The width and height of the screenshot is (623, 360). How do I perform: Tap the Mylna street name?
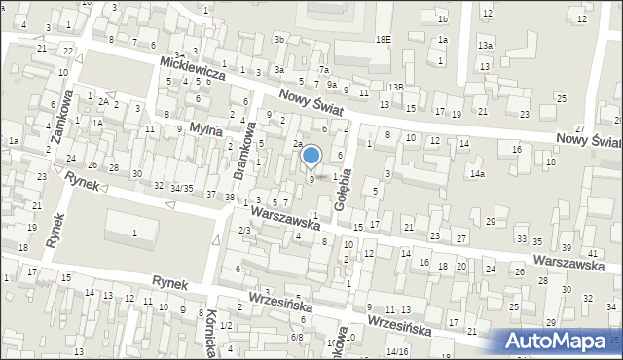(x=206, y=128)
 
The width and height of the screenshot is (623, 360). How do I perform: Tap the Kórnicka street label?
(x=210, y=327)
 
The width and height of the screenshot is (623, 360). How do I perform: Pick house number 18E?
(x=383, y=39)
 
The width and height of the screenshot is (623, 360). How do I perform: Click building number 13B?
(x=394, y=88)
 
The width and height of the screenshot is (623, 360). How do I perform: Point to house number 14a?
(x=477, y=174)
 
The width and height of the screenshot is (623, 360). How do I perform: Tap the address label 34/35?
(x=180, y=187)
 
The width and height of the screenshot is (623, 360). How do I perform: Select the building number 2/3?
(x=245, y=230)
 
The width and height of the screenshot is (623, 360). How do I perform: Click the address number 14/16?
(x=396, y=350)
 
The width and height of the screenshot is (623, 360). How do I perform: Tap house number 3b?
(x=279, y=39)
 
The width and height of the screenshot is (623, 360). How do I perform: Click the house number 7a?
(x=324, y=71)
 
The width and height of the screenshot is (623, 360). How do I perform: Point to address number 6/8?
(x=297, y=338)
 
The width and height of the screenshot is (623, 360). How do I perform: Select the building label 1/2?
(x=226, y=325)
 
